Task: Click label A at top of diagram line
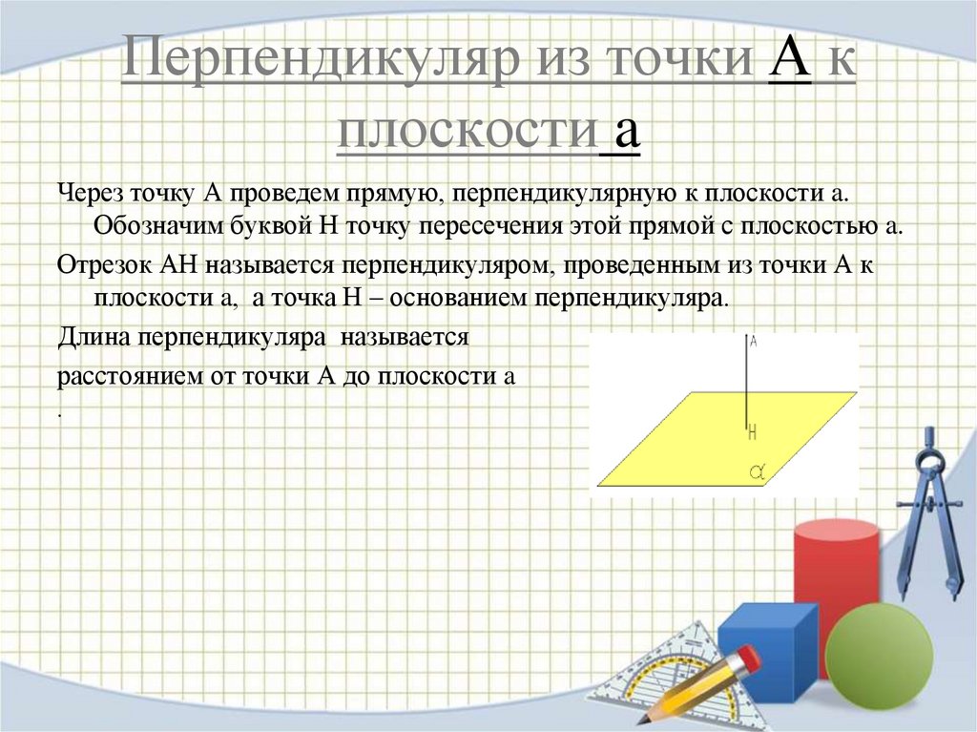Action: [x=754, y=341]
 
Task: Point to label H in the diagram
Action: [x=752, y=431]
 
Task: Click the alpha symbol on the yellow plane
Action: [x=759, y=470]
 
